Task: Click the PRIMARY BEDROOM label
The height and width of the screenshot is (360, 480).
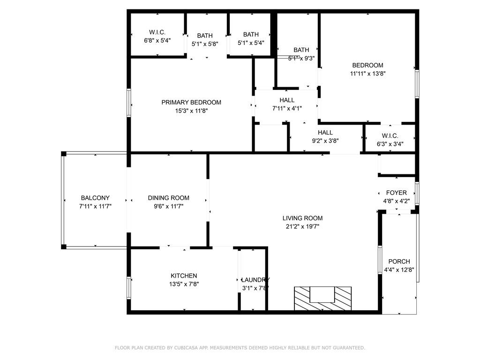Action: point(191,102)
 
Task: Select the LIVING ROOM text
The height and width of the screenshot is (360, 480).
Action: point(302,218)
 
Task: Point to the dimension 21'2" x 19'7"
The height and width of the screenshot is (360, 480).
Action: point(302,226)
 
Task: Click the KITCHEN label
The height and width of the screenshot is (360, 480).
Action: point(184,276)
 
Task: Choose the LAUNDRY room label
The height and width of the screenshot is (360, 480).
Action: point(255,279)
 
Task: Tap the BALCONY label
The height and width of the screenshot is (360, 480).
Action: point(95,198)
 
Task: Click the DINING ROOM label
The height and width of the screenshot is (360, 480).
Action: point(169,198)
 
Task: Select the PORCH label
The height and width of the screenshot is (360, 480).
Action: point(399,262)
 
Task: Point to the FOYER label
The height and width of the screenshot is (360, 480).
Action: point(396,193)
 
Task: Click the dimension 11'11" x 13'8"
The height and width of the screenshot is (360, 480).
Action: point(367,74)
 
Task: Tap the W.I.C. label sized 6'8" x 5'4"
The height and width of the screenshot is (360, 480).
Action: point(157,32)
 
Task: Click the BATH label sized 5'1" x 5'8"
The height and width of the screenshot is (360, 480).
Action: point(205,35)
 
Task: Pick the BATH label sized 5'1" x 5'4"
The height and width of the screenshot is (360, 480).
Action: point(251,34)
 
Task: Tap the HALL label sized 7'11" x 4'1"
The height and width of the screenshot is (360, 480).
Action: point(287,100)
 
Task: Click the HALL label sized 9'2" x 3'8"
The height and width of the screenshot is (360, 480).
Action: point(325,133)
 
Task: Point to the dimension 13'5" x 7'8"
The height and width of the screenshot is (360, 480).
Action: point(184,284)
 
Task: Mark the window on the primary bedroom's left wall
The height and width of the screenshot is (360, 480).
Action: point(128,102)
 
